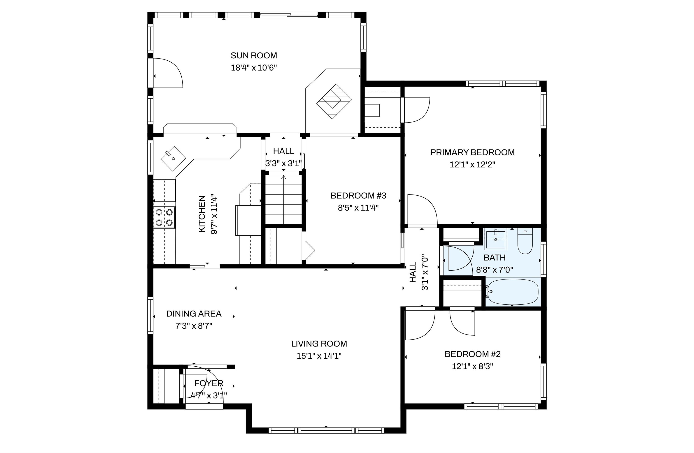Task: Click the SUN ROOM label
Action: [254, 55]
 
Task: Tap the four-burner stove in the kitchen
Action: [164, 217]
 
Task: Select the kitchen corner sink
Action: [173, 159]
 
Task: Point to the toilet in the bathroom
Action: [525, 241]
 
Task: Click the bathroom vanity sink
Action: [496, 239]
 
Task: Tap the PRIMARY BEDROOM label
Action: [472, 152]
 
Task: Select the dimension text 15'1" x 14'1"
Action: [319, 356]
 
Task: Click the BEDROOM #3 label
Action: [358, 196]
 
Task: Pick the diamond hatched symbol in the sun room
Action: [334, 101]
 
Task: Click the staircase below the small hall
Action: [284, 200]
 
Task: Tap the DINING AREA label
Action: [194, 314]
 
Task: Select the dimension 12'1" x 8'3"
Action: [472, 366]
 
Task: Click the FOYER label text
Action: [209, 383]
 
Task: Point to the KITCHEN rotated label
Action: [202, 214]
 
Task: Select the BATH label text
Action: [495, 258]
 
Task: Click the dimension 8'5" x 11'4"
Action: [358, 208]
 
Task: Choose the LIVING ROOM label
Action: [319, 344]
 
